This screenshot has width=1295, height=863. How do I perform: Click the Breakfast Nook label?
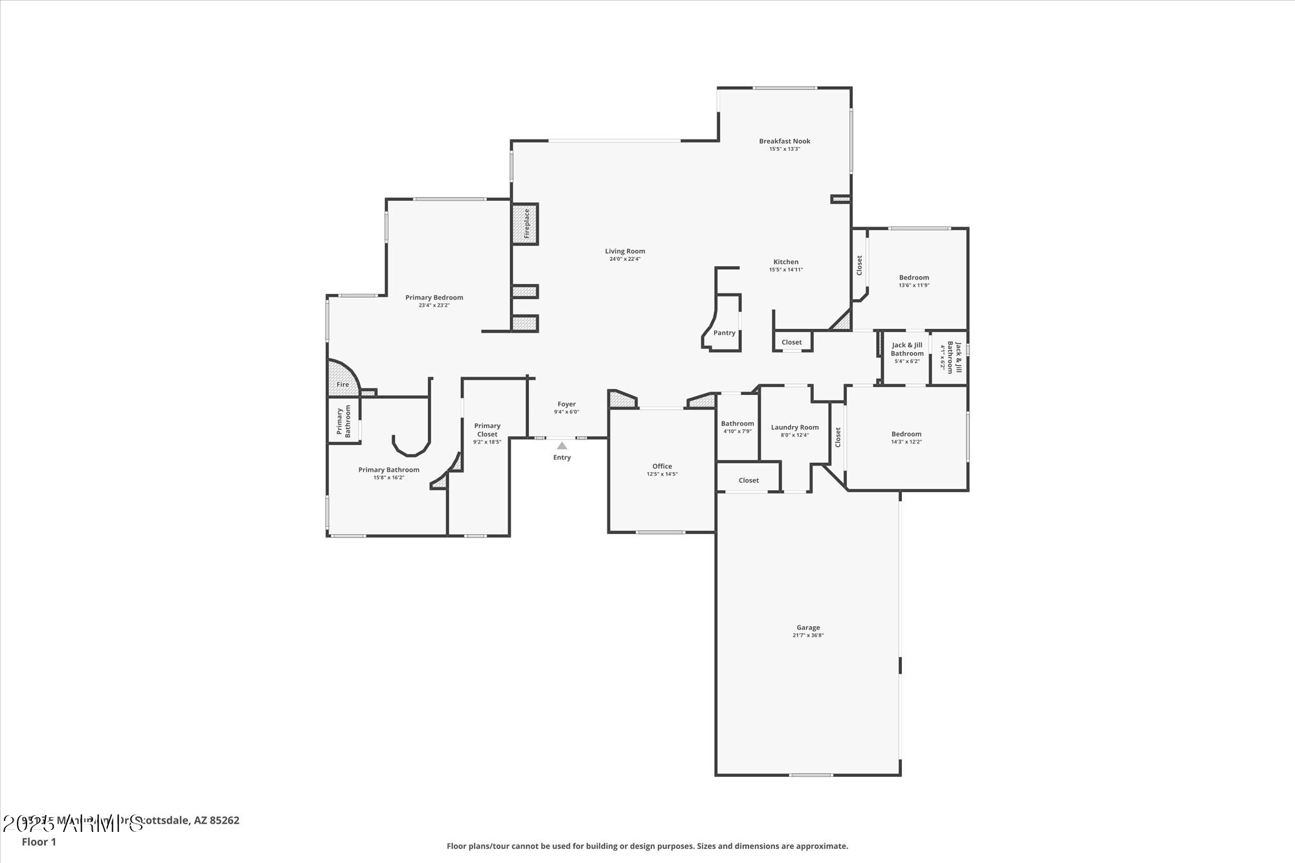(784, 141)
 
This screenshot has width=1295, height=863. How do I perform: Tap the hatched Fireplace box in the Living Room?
(525, 223)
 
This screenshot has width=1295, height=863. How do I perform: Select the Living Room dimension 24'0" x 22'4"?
(625, 259)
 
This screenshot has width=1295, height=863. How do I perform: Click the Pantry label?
(724, 333)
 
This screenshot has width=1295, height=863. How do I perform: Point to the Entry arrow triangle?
(562, 445)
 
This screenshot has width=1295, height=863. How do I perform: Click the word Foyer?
(567, 404)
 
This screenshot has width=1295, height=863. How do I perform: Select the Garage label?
(808, 627)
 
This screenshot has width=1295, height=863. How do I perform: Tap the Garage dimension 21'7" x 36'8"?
(808, 635)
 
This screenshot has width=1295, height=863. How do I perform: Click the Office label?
(662, 466)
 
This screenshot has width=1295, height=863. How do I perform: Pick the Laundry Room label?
(794, 427)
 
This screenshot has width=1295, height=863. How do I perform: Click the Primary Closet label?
(487, 430)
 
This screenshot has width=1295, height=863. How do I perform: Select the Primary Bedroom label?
(434, 298)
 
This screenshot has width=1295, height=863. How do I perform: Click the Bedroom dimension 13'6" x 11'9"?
(914, 286)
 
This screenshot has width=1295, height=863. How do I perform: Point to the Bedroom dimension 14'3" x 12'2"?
(906, 442)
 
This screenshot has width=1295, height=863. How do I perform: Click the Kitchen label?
(785, 262)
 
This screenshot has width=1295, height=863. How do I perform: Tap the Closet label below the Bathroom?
(749, 480)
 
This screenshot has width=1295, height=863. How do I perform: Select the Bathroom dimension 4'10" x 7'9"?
(737, 431)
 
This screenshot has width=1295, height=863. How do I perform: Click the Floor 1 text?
(39, 842)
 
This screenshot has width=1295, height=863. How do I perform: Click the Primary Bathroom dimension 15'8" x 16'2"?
(388, 478)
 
